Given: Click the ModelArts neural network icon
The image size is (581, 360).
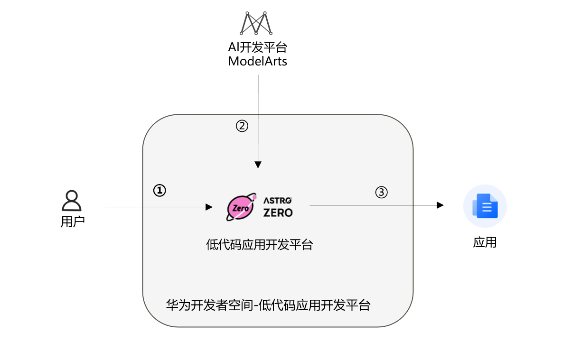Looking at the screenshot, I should (x=256, y=23).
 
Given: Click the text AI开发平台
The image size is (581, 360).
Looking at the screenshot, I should (x=258, y=48).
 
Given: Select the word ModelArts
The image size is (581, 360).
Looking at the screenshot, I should (x=258, y=61).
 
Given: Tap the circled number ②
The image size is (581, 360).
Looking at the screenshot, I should (x=242, y=126).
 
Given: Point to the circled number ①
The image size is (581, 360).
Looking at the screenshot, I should (x=159, y=190).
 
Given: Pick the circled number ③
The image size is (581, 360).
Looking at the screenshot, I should (x=382, y=192).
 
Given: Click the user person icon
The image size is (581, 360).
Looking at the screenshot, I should (x=72, y=201).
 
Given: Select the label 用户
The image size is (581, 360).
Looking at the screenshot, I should (x=72, y=222).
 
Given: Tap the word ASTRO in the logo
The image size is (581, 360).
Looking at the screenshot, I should (x=278, y=201).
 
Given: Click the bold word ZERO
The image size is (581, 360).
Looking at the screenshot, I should (x=278, y=212).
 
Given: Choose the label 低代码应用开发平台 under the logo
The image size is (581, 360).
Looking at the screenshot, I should (x=259, y=245).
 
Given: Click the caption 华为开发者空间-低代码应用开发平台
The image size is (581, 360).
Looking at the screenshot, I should (x=268, y=305).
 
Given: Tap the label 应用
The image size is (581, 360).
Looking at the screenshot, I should (x=485, y=242).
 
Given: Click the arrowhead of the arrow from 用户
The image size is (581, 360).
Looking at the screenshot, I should (x=209, y=207).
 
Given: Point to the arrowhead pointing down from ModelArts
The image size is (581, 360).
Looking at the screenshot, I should (x=258, y=165).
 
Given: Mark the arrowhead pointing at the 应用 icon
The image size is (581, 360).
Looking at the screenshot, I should (x=440, y=205).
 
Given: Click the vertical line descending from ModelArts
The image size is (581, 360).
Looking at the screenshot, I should (x=258, y=119).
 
